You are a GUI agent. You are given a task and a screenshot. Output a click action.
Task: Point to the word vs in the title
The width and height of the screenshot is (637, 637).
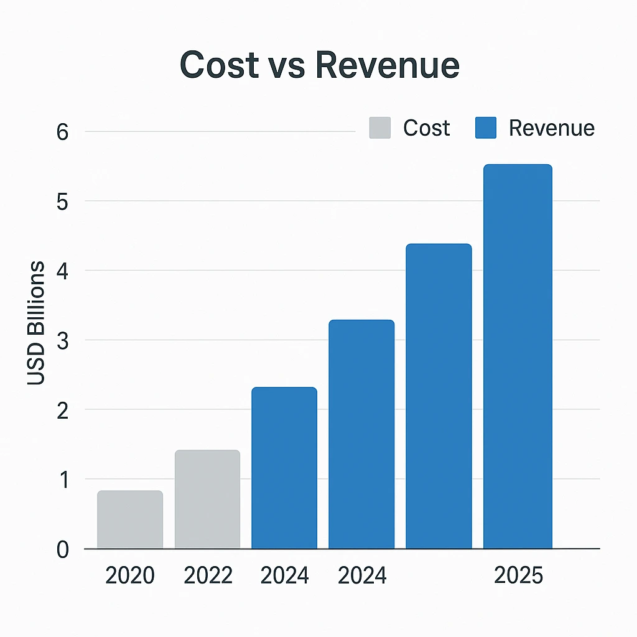tap(287, 66)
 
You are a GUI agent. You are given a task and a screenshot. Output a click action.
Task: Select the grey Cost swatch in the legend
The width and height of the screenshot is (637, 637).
tap(379, 128)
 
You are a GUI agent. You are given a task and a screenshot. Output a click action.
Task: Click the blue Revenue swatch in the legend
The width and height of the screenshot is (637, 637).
tap(485, 128)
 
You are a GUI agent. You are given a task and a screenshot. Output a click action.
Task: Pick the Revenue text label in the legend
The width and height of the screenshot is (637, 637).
tap(551, 128)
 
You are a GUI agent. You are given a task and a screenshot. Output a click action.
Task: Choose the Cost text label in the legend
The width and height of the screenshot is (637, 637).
tap(426, 128)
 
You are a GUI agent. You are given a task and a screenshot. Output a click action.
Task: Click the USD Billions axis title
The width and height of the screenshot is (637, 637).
tap(37, 323)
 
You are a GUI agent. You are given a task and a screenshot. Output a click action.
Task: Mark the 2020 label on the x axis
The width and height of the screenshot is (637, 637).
tap(130, 575)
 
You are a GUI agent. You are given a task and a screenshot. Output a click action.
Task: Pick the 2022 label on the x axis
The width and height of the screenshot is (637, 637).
tap(208, 575)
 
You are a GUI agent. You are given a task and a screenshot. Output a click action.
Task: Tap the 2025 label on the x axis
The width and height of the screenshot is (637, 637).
tap(518, 575)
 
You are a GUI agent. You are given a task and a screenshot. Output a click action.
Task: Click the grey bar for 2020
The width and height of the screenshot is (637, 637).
tap(130, 520)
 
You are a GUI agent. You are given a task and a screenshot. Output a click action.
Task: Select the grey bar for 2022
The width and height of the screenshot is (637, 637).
tap(207, 500)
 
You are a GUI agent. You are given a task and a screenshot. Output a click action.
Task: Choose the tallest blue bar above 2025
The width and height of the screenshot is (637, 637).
tap(518, 356)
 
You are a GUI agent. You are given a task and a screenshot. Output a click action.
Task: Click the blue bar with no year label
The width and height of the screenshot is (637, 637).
tap(439, 396)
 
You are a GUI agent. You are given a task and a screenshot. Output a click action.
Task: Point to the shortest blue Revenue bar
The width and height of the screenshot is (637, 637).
tap(284, 468)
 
